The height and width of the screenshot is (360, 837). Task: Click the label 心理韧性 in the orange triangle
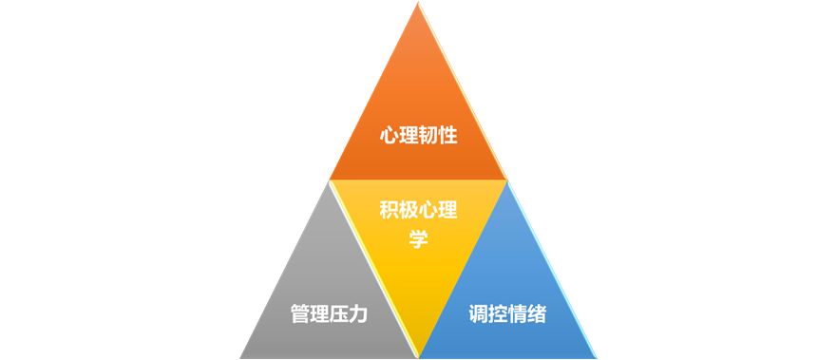[418, 136]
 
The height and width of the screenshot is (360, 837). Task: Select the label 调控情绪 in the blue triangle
[507, 314]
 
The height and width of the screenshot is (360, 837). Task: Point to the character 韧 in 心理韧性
[428, 136]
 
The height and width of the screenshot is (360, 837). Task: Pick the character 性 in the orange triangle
[447, 136]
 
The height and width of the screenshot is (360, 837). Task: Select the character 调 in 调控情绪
[479, 314]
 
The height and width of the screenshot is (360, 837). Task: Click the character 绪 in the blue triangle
[537, 314]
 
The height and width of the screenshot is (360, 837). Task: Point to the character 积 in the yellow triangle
[389, 210]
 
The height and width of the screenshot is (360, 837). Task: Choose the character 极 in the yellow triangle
[409, 210]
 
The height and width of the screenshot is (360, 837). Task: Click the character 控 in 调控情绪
[498, 314]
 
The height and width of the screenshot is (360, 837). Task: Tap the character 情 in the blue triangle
[518, 314]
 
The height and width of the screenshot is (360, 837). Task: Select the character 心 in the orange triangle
[389, 136]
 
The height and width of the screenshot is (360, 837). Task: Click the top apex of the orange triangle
[418, 4]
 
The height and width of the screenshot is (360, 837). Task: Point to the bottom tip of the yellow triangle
[418, 355]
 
